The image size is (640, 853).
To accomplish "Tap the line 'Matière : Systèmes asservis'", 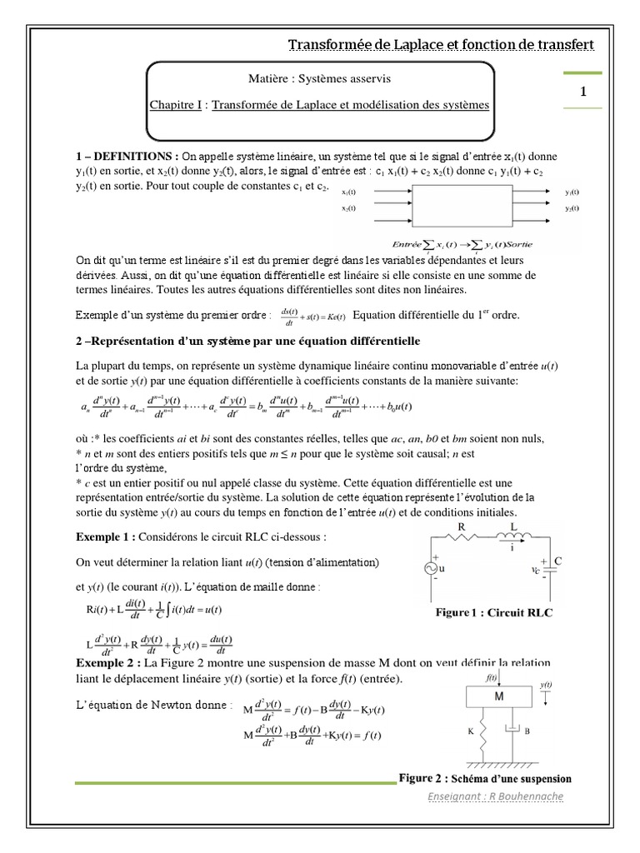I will [319, 78].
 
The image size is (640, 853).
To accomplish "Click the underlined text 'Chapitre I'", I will [177, 105].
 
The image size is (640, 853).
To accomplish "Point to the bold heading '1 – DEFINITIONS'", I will [126, 156].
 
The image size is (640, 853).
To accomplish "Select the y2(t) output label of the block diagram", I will [572, 208].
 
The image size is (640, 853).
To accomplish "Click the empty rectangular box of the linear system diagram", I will [462, 206].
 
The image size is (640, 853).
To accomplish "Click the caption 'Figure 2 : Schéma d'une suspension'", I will [485, 779].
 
